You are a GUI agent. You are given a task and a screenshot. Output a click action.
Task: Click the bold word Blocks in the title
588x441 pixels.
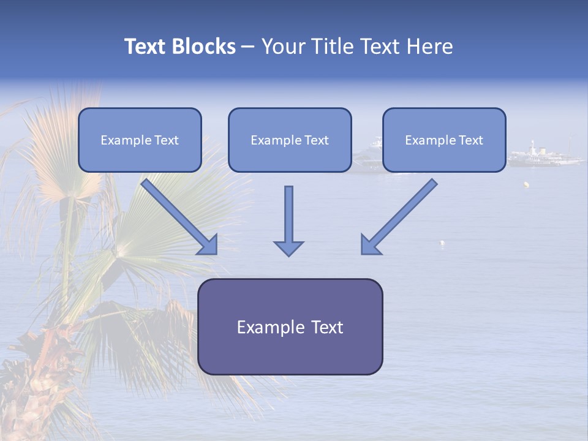[x=203, y=47]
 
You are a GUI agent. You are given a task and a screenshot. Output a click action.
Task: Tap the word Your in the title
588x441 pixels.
[x=284, y=47]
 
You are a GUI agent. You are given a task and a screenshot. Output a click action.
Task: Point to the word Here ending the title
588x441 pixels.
[x=431, y=47]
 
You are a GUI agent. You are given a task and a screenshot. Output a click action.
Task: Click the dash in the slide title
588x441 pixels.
[x=248, y=47]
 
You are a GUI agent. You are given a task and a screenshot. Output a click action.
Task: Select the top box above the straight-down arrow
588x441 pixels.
[x=290, y=140]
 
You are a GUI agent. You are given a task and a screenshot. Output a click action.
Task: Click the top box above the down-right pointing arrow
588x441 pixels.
[x=140, y=140]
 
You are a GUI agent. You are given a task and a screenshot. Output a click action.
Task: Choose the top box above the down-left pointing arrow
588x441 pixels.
[x=444, y=140]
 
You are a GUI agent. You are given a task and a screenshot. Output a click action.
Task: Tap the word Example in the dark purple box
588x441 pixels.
[x=263, y=328]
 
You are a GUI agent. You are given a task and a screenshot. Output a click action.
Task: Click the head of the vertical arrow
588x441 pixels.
[x=288, y=247]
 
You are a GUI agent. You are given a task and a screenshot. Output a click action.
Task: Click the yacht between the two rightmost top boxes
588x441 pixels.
[x=367, y=156]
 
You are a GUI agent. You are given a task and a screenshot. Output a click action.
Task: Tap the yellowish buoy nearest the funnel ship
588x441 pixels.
[x=526, y=184]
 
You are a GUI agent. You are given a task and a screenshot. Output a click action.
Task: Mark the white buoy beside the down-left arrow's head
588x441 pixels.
[x=441, y=244]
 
